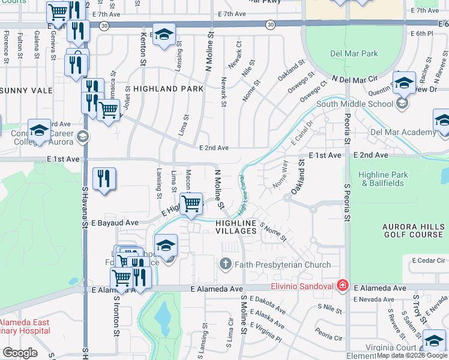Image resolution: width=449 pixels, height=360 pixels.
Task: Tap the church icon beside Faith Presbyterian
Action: pos(225,264)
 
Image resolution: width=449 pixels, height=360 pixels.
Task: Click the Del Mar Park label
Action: pos(354,53)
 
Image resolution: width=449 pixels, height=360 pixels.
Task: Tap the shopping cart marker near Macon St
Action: pos(191,204)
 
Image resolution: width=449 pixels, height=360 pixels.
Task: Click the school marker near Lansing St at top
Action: pos(163,35)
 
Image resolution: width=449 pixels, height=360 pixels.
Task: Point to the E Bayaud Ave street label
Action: pos(115,223)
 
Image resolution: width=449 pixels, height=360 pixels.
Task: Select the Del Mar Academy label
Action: pos(403,132)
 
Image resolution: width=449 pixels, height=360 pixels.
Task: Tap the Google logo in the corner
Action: pos(20,352)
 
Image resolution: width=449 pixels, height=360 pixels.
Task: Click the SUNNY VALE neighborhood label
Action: pos(26,91)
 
